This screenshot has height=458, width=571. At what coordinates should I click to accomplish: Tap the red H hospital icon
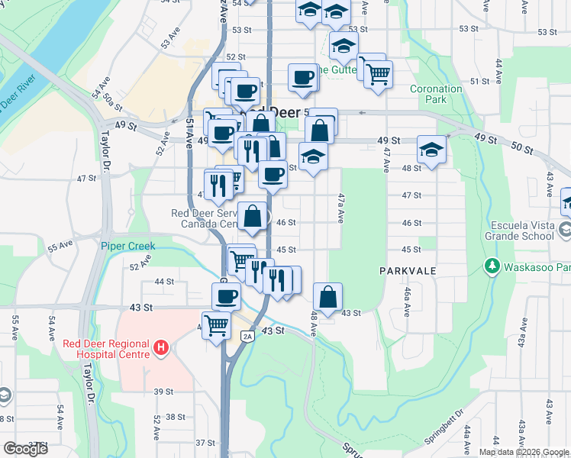(160, 348)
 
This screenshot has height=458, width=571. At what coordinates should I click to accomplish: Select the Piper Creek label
(127, 246)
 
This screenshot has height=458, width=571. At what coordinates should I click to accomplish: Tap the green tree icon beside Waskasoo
(492, 266)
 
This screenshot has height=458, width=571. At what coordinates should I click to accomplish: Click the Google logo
(25, 449)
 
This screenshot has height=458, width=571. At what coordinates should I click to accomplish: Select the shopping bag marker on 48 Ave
(327, 297)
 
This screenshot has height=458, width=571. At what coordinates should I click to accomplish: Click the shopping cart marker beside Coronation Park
(378, 75)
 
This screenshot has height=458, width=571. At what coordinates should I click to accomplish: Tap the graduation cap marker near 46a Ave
(431, 150)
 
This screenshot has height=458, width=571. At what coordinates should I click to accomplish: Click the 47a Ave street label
(340, 206)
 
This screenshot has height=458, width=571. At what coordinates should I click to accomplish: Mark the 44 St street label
(164, 282)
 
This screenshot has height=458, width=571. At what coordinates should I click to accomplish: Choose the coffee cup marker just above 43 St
(226, 297)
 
